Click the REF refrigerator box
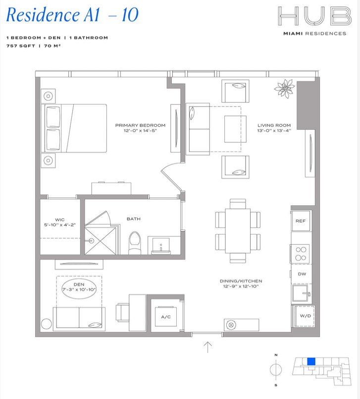pyautogui.click(x=300, y=222)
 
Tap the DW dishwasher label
pyautogui.click(x=301, y=273)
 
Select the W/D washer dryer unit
pyautogui.click(x=302, y=315)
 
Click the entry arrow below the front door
pyautogui.click(x=208, y=347)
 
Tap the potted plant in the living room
pyautogui.click(x=285, y=89)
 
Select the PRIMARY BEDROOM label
pyautogui.click(x=140, y=125)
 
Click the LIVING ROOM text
pyautogui.click(x=274, y=125)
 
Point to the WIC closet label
pyautogui.click(x=59, y=219)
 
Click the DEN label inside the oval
pyautogui.click(x=79, y=284)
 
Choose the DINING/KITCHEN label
pyautogui.click(x=239, y=282)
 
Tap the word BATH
pyautogui.click(x=133, y=218)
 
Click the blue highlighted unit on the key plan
pyautogui.click(x=311, y=361)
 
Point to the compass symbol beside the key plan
pyautogui.click(x=277, y=370)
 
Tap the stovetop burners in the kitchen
pyautogui.click(x=300, y=254)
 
